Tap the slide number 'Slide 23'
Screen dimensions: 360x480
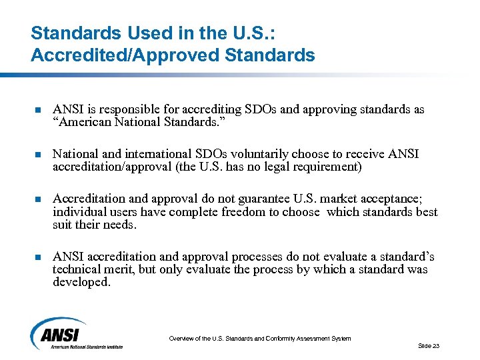point(429,346)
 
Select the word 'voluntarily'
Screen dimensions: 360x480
point(245,154)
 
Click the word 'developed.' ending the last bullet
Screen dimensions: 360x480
point(81,282)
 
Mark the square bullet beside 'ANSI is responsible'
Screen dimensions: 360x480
point(37,110)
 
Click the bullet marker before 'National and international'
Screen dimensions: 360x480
point(37,155)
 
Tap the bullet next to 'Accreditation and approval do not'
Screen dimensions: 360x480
point(37,199)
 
